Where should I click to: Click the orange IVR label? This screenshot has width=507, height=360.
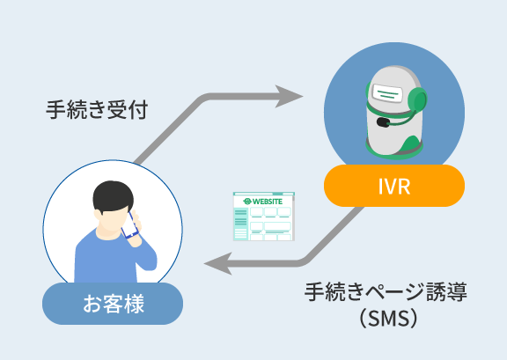[x=394, y=186]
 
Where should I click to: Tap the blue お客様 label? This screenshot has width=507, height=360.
[x=113, y=304]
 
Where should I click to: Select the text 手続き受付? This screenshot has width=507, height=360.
[x=97, y=110]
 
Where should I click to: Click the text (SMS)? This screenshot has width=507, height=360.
[x=388, y=319]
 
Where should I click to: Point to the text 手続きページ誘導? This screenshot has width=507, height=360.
[x=386, y=291]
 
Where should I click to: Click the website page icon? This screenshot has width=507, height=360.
[x=264, y=217]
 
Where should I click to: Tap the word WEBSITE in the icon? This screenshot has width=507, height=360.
[x=267, y=202]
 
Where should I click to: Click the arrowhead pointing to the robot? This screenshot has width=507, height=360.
[x=289, y=97]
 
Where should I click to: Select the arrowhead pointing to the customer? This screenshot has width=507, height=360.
[x=218, y=263]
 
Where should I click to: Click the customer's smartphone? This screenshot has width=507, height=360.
[x=129, y=225]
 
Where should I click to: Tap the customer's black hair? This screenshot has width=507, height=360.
[x=113, y=196]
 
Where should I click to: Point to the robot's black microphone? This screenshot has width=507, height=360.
[x=383, y=122]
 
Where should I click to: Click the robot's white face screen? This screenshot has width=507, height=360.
[x=387, y=92]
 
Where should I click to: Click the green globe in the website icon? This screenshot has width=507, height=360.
[x=247, y=202]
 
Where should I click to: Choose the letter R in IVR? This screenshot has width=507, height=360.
[x=404, y=187]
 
